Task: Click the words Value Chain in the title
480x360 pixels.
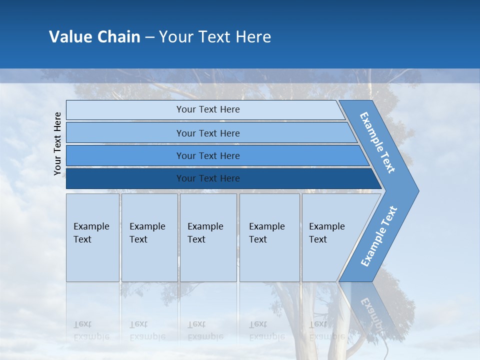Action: (94, 36)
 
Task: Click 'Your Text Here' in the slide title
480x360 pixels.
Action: (214, 36)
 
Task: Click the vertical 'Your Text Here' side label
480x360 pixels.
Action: (57, 143)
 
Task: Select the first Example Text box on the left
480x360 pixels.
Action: (92, 237)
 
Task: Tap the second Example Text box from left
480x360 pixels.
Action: (149, 237)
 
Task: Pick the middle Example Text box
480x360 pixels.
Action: (208, 237)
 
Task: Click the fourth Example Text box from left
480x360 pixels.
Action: (269, 237)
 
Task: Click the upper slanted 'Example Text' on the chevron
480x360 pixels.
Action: (377, 142)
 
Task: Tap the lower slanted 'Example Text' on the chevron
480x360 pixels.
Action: (378, 236)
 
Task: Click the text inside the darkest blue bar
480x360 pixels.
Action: (208, 178)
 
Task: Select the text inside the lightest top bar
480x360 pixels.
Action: (208, 109)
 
